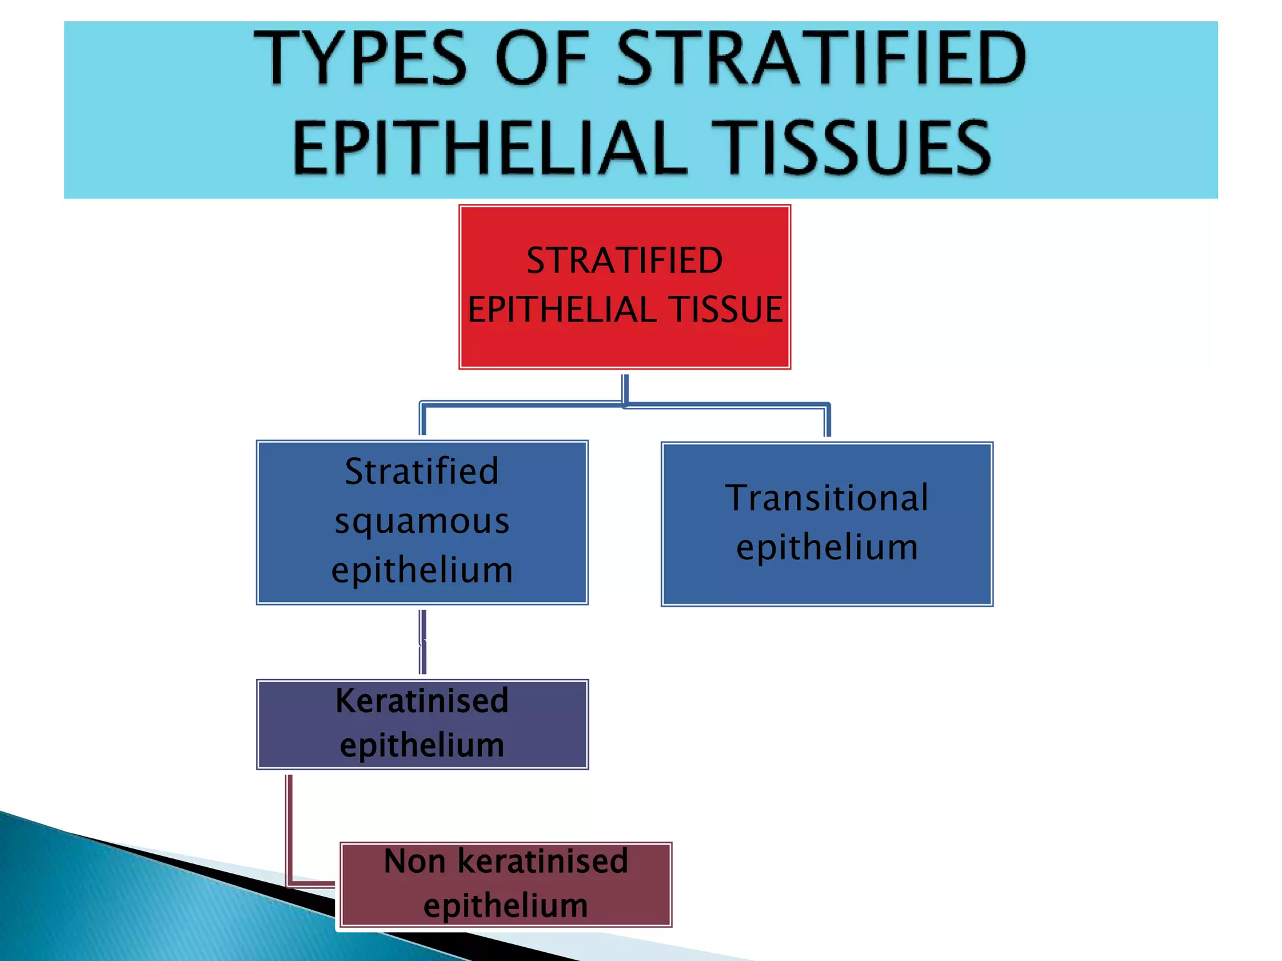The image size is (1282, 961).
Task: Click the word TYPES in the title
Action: (360, 60)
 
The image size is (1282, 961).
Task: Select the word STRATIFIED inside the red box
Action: (625, 260)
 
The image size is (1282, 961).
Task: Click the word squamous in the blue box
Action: (422, 522)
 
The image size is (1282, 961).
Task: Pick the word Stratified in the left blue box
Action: (422, 472)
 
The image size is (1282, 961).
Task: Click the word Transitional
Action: (827, 498)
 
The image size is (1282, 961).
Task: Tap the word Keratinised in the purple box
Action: (422, 701)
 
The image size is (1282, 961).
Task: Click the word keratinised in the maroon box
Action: (543, 862)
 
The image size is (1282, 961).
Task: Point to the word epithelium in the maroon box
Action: (506, 905)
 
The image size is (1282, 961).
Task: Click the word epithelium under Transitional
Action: (827, 547)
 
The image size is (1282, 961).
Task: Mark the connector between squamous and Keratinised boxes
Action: (423, 642)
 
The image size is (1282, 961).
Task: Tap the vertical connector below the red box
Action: (625, 389)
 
